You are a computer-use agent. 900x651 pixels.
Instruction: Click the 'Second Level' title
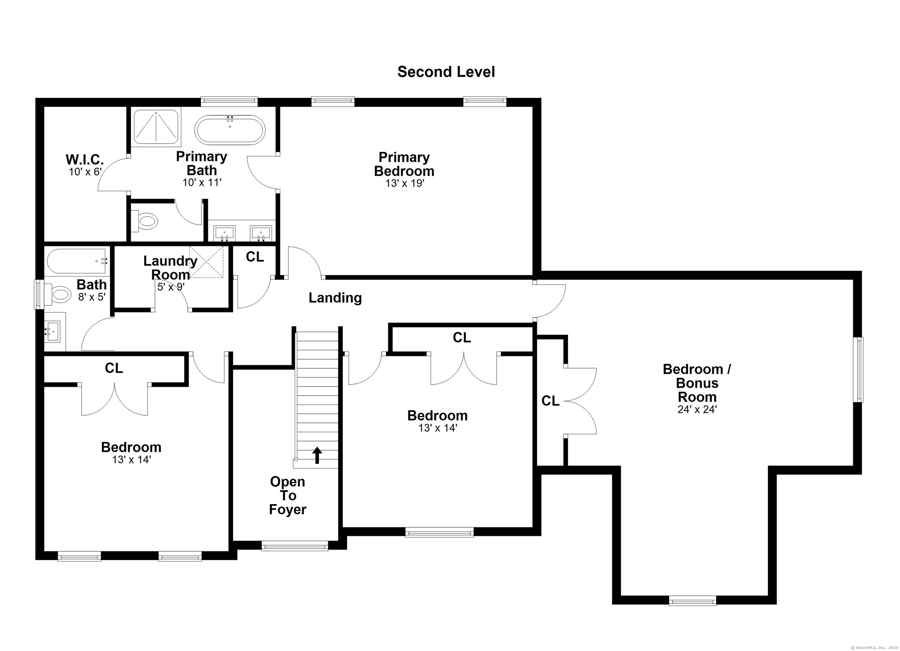[x=446, y=72]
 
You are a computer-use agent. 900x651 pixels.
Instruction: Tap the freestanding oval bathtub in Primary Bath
[x=230, y=130]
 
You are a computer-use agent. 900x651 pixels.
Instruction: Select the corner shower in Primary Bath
[x=156, y=127]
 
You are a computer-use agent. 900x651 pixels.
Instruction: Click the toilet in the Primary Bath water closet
[x=146, y=221]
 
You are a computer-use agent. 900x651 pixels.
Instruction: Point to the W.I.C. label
[x=85, y=159]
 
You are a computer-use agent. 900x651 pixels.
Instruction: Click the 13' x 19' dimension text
[x=405, y=183]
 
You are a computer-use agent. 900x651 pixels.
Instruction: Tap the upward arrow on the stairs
[x=317, y=455]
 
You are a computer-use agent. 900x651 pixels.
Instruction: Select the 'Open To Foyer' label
[x=288, y=495]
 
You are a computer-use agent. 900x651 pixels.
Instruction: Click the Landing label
[x=335, y=298]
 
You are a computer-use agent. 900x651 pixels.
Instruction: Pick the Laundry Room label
[x=170, y=268]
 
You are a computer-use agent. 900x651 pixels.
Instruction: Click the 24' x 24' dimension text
[x=697, y=409]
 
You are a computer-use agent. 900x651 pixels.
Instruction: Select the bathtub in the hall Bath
[x=76, y=261]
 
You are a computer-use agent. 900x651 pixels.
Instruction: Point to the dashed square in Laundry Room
[x=206, y=262]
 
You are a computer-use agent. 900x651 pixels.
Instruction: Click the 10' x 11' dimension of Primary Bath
[x=202, y=183]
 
